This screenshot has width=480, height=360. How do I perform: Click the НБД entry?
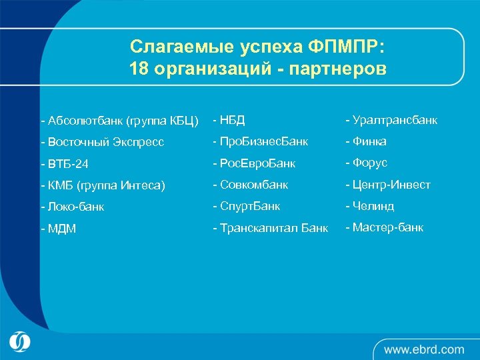[x=229, y=120]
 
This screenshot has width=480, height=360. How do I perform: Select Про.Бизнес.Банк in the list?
[x=261, y=141]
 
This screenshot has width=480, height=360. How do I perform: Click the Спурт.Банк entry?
[x=247, y=206]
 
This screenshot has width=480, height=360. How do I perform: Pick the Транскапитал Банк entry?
[x=271, y=228]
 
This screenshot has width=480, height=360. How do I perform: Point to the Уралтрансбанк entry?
[x=391, y=120]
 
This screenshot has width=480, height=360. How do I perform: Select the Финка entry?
[x=366, y=141]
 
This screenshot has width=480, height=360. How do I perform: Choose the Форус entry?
[x=366, y=163]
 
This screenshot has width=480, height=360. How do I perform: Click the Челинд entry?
[x=370, y=206]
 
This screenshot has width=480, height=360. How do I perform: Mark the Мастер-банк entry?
[x=384, y=227]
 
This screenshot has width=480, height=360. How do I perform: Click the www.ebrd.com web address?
[x=423, y=349]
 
